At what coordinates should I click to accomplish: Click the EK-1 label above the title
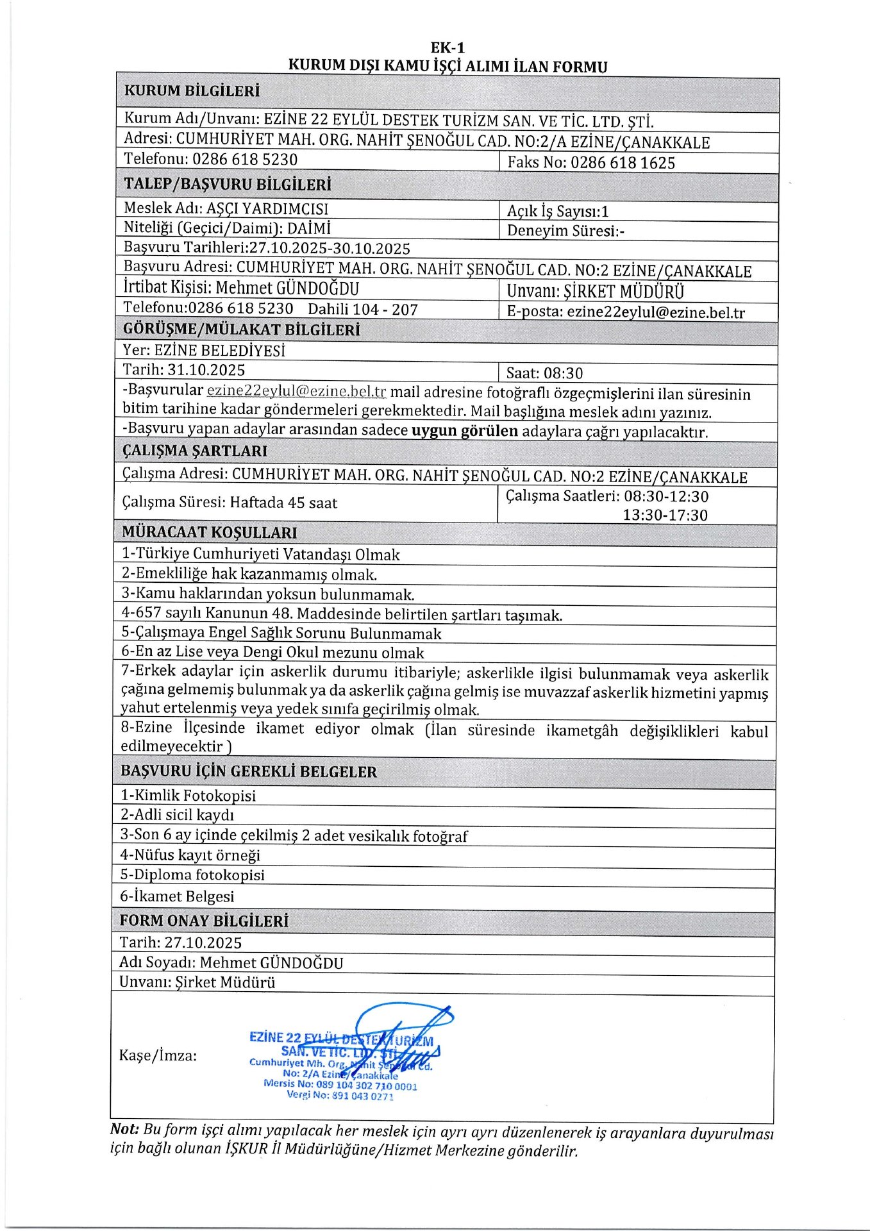tap(448, 48)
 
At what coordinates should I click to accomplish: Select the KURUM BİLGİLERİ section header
tap(192, 91)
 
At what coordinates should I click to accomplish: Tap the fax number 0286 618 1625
tap(623, 163)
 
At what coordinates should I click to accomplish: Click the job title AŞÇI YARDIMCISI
tap(267, 208)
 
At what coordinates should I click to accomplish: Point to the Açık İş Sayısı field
tap(557, 211)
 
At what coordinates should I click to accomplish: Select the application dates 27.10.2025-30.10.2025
tap(330, 249)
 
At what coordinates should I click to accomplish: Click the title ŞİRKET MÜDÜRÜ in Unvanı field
tap(623, 292)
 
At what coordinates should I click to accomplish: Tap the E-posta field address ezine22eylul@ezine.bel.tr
tap(656, 312)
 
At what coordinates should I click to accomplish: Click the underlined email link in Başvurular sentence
tap(296, 391)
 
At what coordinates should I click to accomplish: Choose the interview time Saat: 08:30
tap(544, 373)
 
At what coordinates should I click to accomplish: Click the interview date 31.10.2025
tap(206, 370)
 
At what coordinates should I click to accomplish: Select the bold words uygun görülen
tap(464, 430)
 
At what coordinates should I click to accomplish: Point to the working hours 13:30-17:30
tap(665, 515)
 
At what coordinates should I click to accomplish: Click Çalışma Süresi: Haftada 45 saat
tap(230, 503)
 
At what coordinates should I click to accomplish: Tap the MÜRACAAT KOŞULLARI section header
tap(209, 532)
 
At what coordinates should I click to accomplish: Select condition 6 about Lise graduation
tap(272, 653)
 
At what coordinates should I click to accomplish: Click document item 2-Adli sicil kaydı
tap(177, 815)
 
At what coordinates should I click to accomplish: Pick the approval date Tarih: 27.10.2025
tap(181, 942)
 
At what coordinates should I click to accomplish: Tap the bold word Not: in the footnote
tap(124, 1129)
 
